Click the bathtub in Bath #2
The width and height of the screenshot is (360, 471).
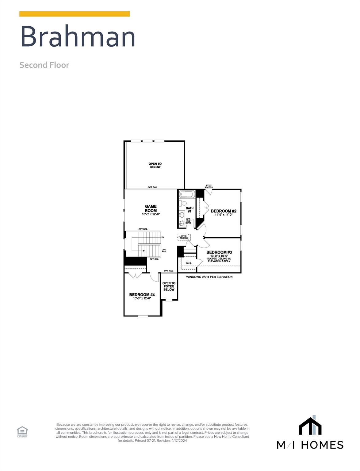186,194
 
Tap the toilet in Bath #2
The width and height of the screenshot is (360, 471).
183,203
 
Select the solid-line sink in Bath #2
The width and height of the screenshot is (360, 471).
182,215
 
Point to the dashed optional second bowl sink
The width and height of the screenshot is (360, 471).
182,223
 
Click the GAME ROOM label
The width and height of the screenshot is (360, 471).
151,209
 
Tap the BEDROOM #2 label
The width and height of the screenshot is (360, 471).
224,211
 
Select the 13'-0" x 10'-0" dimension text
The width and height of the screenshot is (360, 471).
219,256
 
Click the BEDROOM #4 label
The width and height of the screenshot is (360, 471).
142,294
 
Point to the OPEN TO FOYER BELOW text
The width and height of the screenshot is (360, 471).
169,286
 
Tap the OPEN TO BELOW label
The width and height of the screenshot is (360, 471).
155,165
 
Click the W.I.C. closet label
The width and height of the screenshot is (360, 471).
189,263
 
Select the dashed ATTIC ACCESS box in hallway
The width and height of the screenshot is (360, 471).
184,237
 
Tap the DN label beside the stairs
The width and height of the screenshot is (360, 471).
163,237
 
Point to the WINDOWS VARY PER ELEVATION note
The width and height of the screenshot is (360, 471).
209,277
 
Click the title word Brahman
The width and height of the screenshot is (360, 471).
78,36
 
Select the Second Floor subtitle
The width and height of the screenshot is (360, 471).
44,65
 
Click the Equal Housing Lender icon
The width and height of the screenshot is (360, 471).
22,431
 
